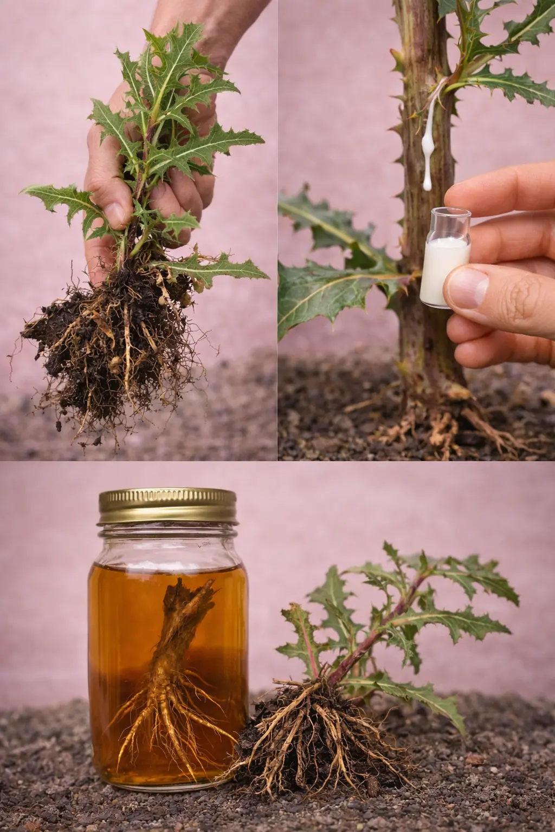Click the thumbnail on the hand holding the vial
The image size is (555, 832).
467,287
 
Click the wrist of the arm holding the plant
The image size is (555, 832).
195,22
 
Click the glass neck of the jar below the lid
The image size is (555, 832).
168,534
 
